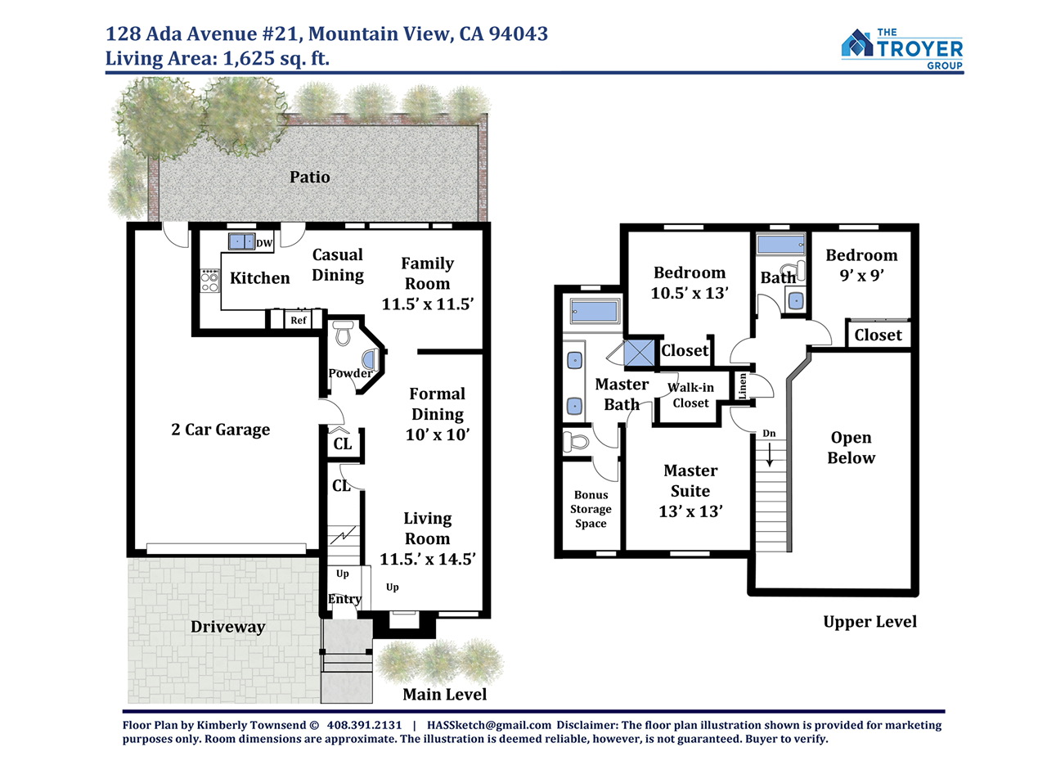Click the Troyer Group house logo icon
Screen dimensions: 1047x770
[x=856, y=43]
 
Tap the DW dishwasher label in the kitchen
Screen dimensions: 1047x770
[x=264, y=243]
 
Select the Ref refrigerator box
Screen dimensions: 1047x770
[x=299, y=320]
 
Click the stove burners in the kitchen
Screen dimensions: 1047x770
[x=210, y=281]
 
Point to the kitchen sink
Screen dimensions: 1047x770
[x=241, y=241]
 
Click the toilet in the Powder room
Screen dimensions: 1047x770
[x=343, y=332]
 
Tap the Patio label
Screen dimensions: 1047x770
[x=309, y=177]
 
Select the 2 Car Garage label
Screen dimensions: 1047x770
[x=221, y=429]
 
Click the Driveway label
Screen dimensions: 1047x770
[x=227, y=627]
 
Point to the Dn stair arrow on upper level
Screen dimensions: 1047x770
[x=770, y=454]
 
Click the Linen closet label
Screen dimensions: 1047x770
[x=742, y=386]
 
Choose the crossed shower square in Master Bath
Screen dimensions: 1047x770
[x=639, y=353]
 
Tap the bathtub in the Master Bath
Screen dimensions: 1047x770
[x=593, y=310]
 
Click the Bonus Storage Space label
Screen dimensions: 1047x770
[x=591, y=509]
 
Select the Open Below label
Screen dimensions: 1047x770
[x=852, y=448]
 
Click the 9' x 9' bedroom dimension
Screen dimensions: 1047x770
[x=861, y=276]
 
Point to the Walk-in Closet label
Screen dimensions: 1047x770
[x=690, y=395]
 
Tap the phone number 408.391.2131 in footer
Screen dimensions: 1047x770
[x=364, y=725]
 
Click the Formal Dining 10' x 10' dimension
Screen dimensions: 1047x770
[x=438, y=435]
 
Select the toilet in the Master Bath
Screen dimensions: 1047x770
[x=576, y=441]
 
